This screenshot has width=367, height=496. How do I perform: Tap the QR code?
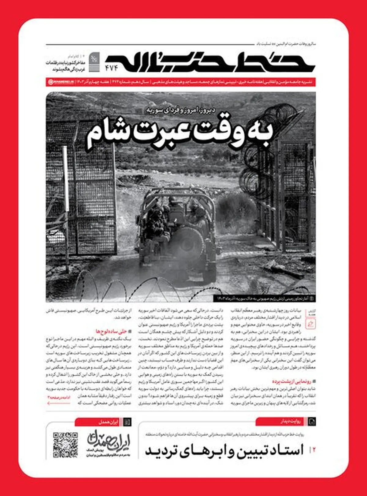[x=65, y=445]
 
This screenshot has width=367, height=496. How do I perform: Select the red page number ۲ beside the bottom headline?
[x=313, y=449]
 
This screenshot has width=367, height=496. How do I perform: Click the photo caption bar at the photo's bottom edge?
[x=265, y=298]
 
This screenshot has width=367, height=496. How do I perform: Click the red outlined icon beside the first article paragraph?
[x=311, y=324]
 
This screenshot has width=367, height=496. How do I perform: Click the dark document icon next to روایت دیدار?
[x=312, y=422]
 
